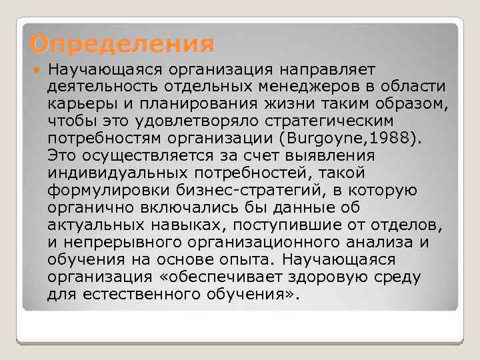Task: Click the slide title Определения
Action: [x=122, y=44]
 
